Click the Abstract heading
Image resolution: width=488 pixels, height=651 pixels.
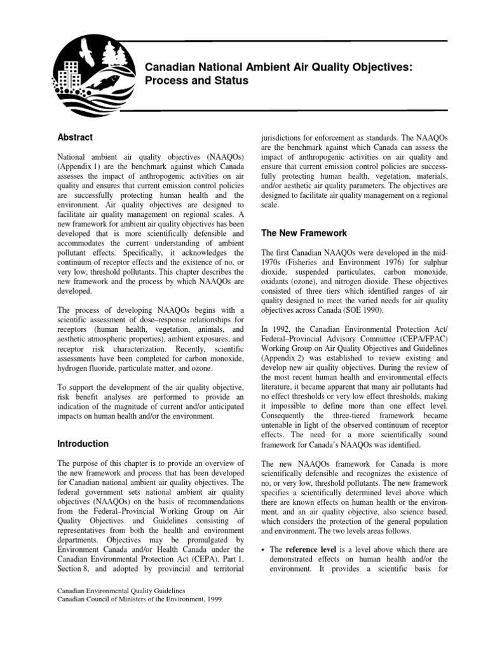(75, 137)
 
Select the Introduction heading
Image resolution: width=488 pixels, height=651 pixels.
(83, 444)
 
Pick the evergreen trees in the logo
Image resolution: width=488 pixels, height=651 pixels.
(114, 53)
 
